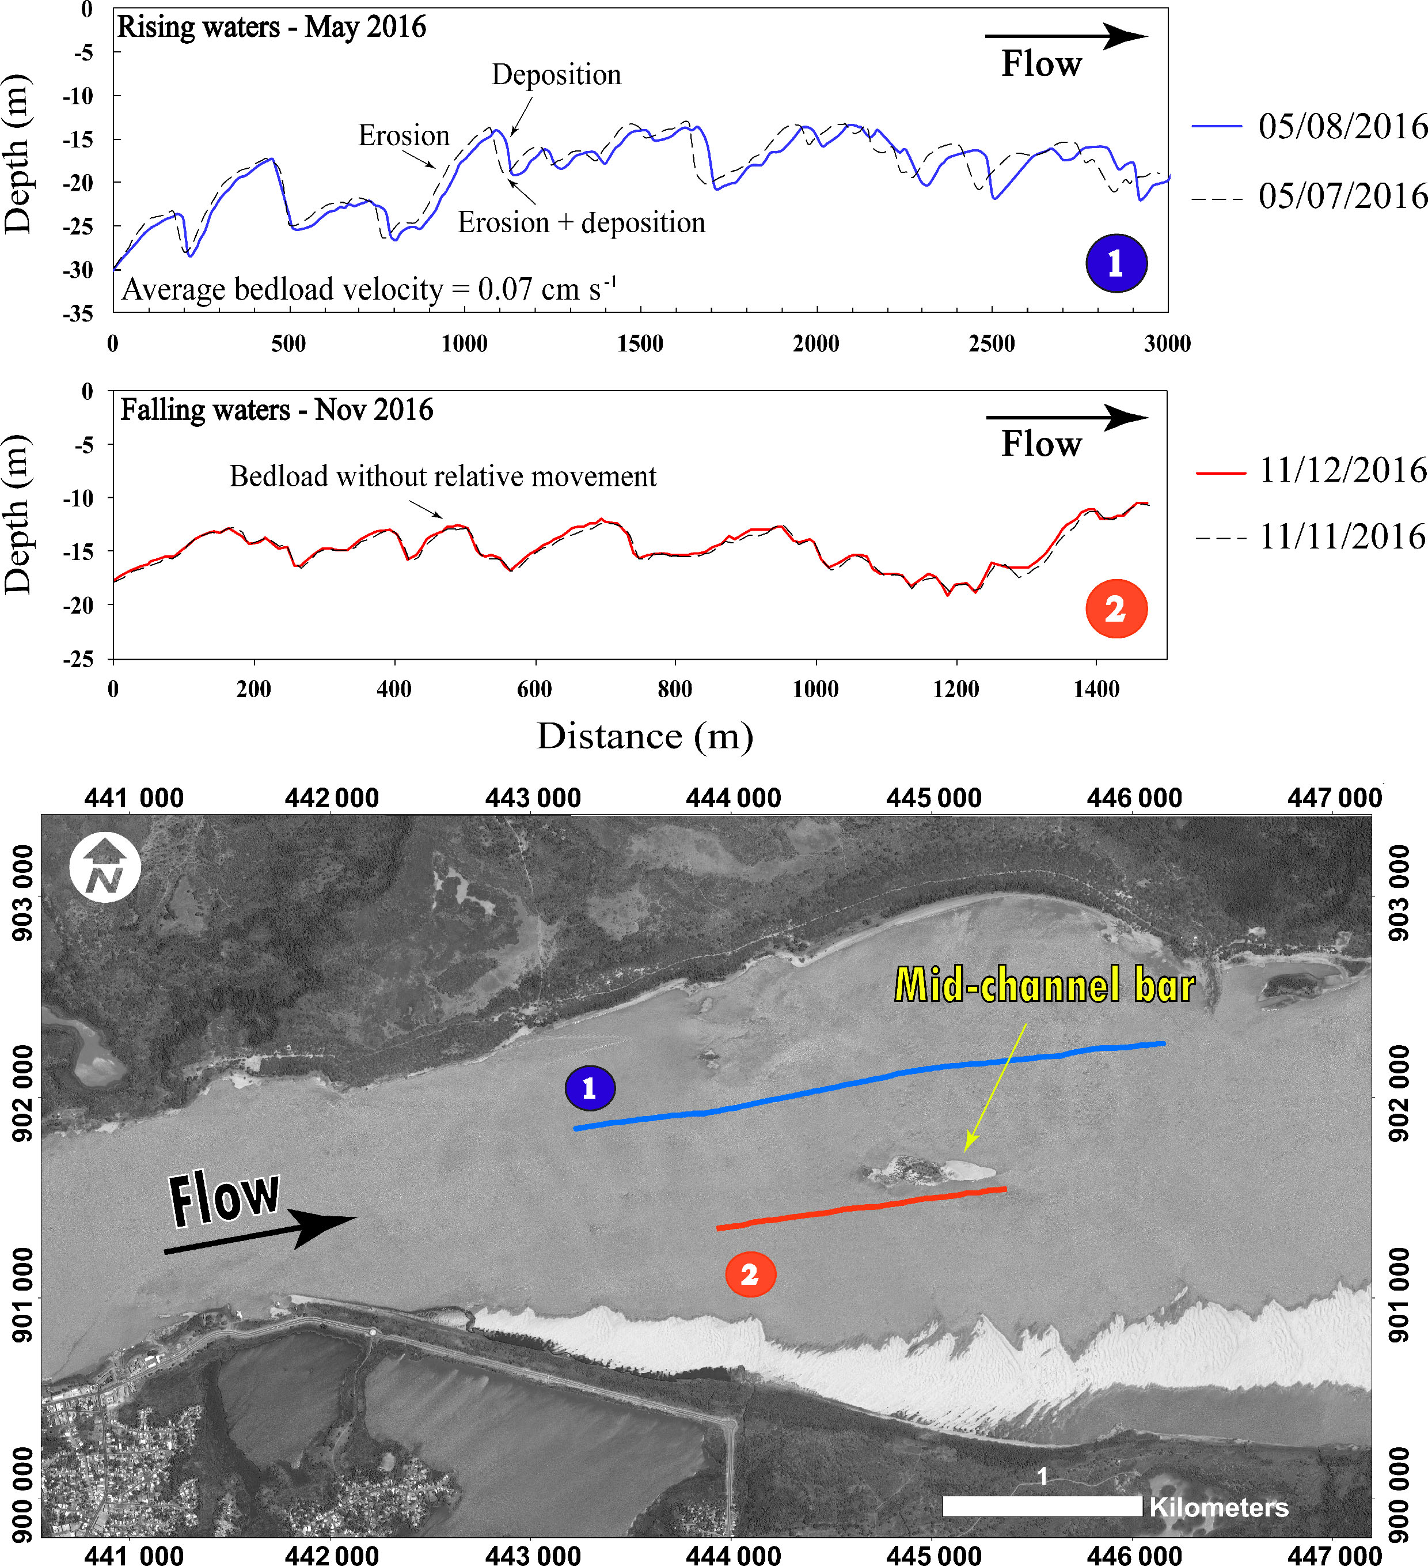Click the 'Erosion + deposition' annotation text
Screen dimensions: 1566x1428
[581, 223]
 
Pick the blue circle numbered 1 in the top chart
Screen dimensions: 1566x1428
[1116, 263]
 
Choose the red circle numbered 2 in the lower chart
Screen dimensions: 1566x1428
[1116, 609]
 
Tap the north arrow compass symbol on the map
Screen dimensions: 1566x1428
[105, 868]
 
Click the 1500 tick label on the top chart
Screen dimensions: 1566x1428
[640, 343]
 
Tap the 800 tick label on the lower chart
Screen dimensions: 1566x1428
[674, 689]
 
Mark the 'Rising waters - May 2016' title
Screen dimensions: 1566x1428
[272, 27]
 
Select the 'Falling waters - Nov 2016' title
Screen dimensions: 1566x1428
[276, 410]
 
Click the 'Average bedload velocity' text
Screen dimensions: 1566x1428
[369, 289]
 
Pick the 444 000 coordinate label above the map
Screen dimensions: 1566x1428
[733, 798]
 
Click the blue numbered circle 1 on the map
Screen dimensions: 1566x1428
[590, 1088]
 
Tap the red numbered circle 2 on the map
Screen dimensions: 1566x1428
[749, 1274]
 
